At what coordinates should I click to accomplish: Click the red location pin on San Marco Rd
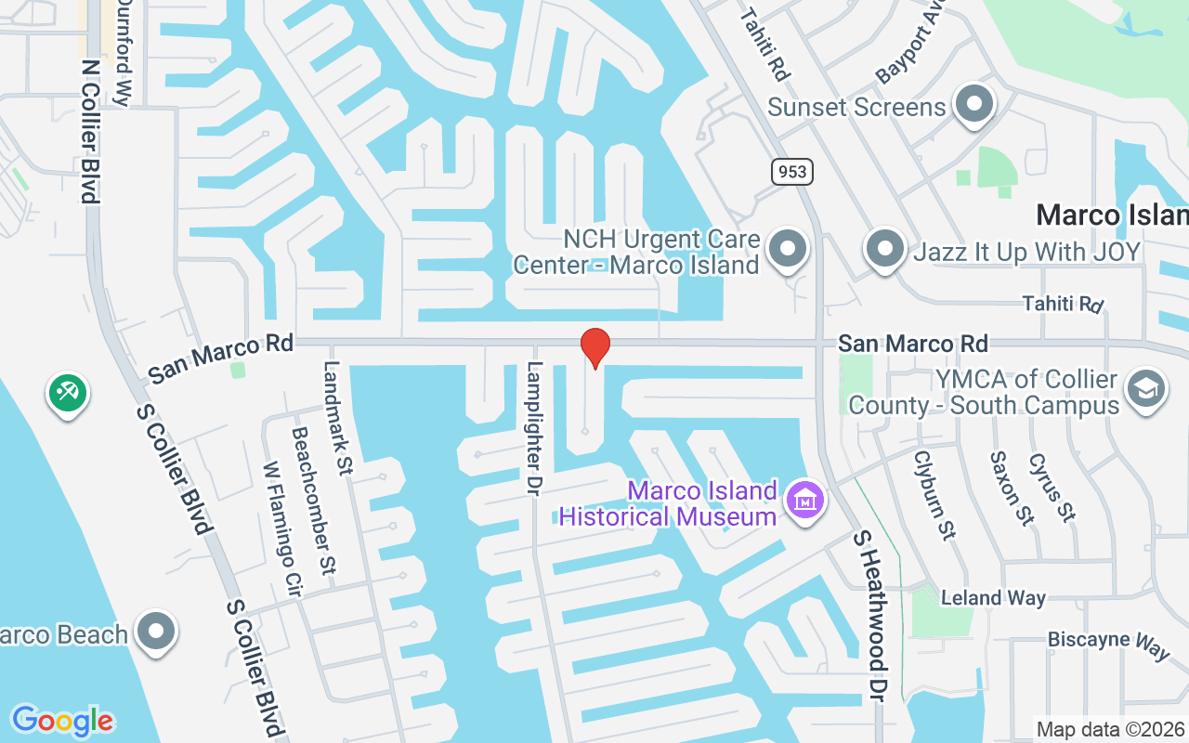594,347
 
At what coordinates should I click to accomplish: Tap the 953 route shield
791,172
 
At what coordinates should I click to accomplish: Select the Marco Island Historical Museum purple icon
804,500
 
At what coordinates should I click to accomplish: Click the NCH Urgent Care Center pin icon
790,249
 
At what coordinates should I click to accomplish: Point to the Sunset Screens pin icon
974,104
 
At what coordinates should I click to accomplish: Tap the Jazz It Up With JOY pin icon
885,249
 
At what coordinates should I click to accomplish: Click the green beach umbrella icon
67,393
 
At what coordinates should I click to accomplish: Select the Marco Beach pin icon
156,632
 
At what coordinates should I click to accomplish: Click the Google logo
62,721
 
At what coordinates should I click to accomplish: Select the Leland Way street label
993,598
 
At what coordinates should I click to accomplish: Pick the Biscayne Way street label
1108,643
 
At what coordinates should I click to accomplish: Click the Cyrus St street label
1052,487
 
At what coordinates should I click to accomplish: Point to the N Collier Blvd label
90,131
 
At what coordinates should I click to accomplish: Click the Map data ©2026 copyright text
1110,729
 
